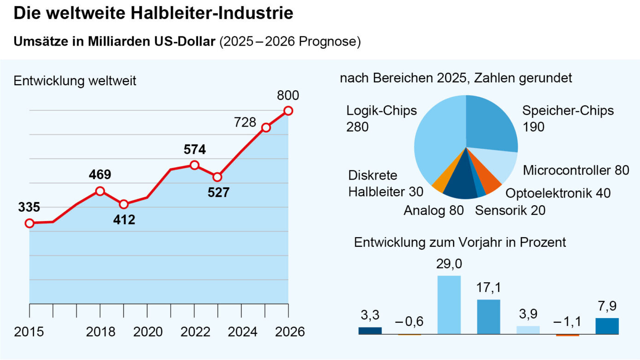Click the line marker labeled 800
point(288,110)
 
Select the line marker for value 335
point(29,223)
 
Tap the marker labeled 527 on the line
point(218,177)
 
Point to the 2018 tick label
point(100,332)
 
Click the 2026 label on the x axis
point(288,332)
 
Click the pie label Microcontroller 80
point(576,170)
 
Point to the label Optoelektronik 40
point(558,193)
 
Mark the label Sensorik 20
point(510,211)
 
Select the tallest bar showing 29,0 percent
point(449,305)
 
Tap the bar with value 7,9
point(607,325)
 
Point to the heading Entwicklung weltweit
point(75,81)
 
